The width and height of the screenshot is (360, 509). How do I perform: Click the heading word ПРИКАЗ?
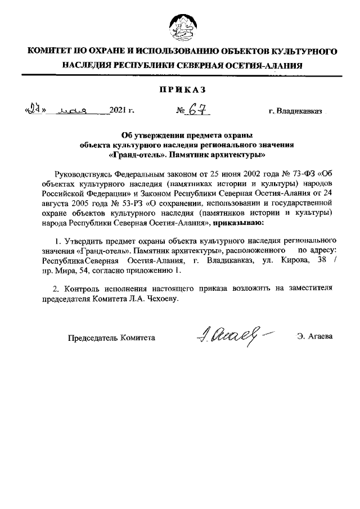[x=180, y=89]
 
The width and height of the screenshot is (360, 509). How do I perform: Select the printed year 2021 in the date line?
[x=118, y=112]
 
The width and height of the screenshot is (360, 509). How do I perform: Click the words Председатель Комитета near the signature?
[x=111, y=337]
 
